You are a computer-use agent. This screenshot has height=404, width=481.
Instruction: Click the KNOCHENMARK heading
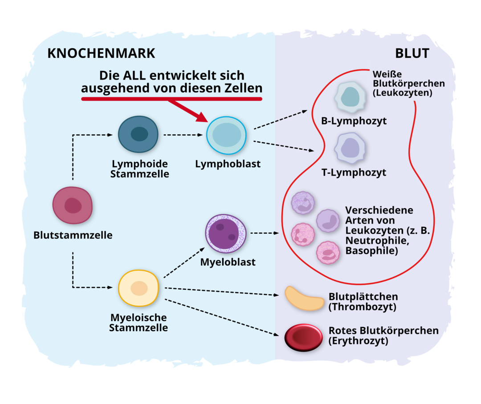101,53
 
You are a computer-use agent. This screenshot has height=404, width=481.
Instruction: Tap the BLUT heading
412,53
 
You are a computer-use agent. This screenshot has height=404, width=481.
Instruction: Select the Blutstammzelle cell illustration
73,205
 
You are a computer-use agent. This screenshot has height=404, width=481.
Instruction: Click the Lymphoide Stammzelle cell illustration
138,134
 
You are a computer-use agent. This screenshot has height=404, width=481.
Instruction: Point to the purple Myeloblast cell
226,233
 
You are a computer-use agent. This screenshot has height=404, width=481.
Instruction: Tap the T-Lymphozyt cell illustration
350,148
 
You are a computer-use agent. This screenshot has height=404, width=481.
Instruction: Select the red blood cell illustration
304,337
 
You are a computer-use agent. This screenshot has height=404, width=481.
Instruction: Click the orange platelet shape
305,298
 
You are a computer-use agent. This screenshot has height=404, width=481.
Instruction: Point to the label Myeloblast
228,262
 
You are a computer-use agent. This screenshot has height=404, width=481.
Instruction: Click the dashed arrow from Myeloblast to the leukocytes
265,233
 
